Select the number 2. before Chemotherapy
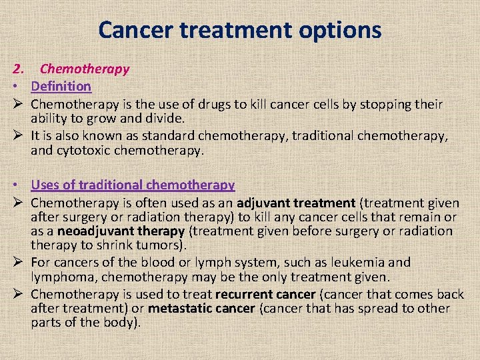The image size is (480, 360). [19, 69]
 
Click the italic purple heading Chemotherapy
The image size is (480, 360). [85, 69]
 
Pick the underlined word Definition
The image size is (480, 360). [61, 86]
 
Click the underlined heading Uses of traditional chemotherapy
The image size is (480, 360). [133, 185]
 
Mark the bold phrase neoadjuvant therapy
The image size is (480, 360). [121, 231]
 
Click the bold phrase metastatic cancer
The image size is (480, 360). [201, 308]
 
